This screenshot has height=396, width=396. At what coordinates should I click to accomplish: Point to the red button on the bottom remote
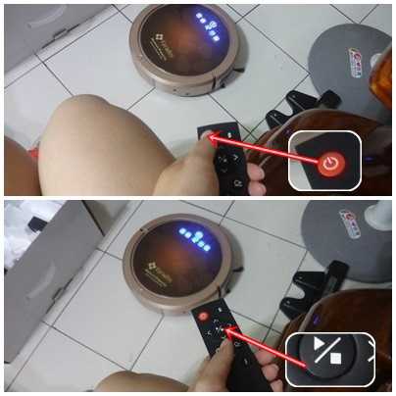(x=204, y=317)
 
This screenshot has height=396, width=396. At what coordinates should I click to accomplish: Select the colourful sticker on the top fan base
(x=376, y=63)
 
